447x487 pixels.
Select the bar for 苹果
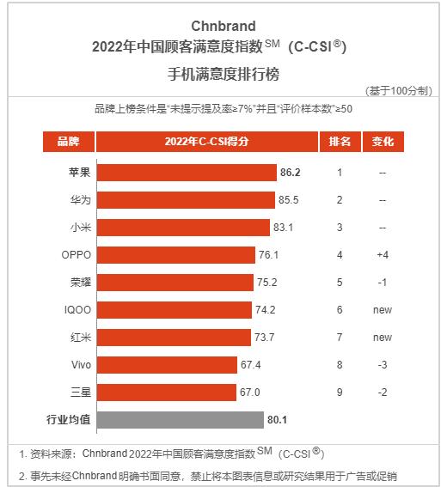[x=187, y=173]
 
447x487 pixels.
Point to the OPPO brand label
[x=77, y=255]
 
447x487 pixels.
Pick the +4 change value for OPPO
[x=383, y=255]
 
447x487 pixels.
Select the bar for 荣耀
[x=176, y=282]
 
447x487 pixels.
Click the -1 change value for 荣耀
[x=383, y=282]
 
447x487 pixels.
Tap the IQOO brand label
[x=77, y=309]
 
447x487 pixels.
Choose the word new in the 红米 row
[x=383, y=337]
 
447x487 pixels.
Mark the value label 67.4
[x=251, y=364]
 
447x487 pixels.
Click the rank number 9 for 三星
[x=340, y=392]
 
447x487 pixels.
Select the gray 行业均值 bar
[x=180, y=419]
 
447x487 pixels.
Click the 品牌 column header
[x=68, y=142]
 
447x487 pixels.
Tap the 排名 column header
[x=339, y=142]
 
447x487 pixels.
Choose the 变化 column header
[x=383, y=142]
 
